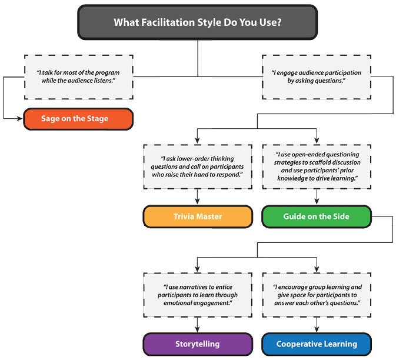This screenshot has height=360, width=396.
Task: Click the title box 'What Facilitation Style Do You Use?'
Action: click(x=197, y=23)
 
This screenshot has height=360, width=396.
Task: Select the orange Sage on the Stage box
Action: click(x=78, y=119)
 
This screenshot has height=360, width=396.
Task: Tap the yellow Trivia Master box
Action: click(x=198, y=216)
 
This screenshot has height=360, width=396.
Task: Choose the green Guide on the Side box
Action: click(x=316, y=216)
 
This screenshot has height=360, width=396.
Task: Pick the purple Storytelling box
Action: click(x=198, y=344)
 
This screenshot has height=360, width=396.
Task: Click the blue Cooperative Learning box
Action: click(x=316, y=344)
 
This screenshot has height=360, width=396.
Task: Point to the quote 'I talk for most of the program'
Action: click(x=78, y=76)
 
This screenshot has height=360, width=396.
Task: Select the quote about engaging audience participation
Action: click(x=316, y=76)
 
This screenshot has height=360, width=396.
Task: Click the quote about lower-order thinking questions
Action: click(x=198, y=166)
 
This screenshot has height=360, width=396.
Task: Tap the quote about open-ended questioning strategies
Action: click(x=316, y=166)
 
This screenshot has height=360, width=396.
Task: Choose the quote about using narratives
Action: click(x=198, y=294)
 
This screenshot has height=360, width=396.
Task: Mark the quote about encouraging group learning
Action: click(x=316, y=294)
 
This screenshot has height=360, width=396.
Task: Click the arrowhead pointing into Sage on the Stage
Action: click(x=19, y=119)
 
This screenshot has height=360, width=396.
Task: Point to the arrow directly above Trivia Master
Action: click(x=198, y=199)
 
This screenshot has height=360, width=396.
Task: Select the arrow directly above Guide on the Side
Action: click(x=316, y=199)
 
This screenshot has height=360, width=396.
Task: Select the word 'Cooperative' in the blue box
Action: click(x=298, y=344)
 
